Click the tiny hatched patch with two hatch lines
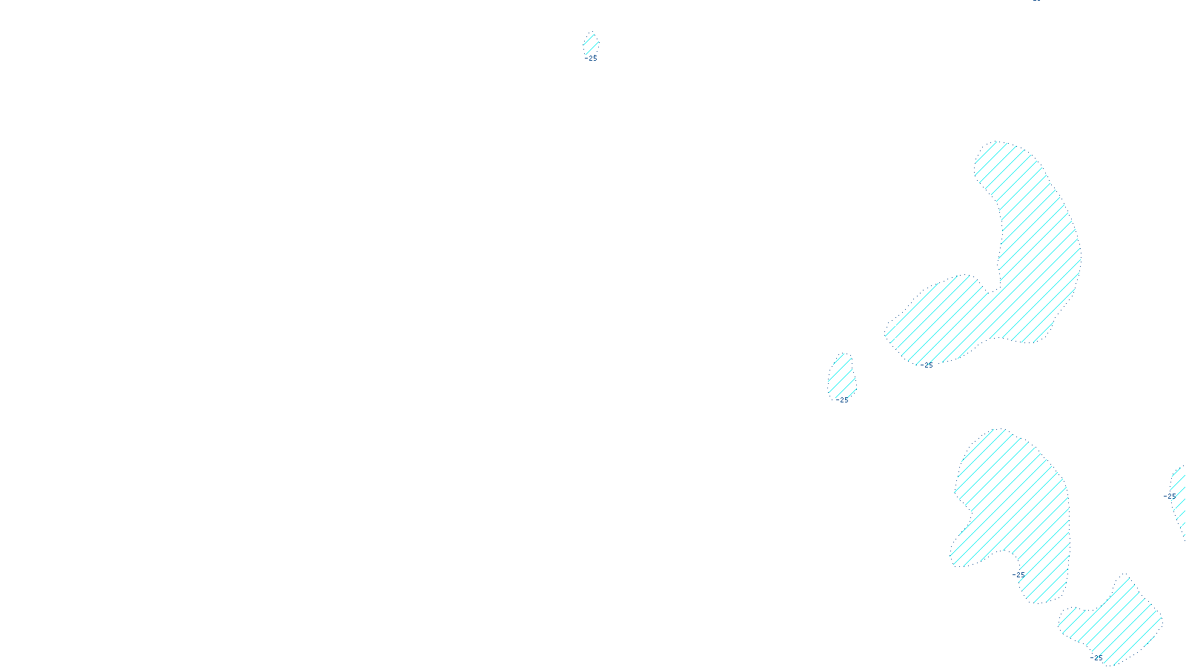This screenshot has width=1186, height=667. tap(591, 44)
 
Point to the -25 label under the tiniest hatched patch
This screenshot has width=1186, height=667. tap(591, 58)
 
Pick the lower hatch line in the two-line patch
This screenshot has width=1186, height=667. tap(593, 47)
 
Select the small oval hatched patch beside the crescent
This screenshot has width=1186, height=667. tap(842, 376)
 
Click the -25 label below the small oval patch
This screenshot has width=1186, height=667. tap(842, 400)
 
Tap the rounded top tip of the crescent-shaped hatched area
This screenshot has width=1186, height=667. tap(1001, 148)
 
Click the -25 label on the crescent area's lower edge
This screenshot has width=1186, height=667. tap(927, 365)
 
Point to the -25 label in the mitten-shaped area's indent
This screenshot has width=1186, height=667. tap(1019, 574)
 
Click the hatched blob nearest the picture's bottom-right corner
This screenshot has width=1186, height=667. tap(1116, 619)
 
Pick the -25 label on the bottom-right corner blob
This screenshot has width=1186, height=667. tap(1098, 657)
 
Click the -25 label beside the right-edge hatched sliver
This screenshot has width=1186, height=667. tap(1170, 497)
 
